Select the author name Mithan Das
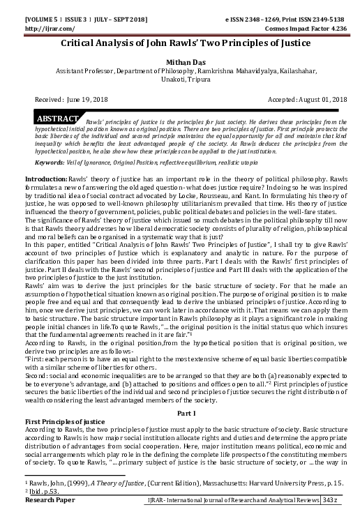pyautogui.click(x=180, y=61)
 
